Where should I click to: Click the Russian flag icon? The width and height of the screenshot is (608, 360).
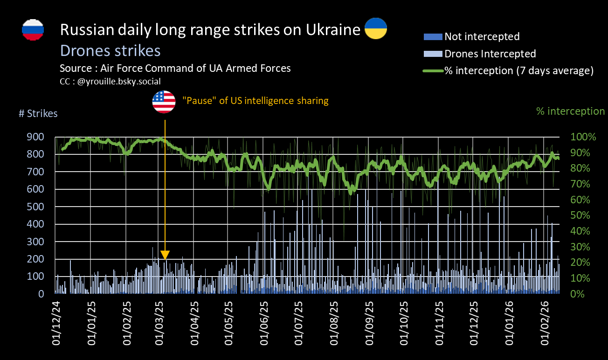click(x=33, y=30)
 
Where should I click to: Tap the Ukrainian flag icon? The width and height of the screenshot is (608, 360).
click(x=375, y=29)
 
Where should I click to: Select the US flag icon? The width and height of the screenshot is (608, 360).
click(x=164, y=102)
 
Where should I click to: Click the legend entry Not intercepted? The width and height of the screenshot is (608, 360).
click(x=482, y=36)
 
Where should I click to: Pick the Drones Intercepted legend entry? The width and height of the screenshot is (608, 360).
click(x=490, y=54)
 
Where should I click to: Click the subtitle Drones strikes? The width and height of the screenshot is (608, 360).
click(x=110, y=50)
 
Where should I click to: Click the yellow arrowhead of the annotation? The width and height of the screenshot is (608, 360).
click(x=165, y=255)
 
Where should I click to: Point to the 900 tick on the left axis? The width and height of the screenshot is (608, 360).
click(x=37, y=137)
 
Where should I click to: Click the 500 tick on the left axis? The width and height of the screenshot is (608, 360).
click(x=37, y=207)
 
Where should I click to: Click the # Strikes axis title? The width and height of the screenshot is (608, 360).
click(x=38, y=114)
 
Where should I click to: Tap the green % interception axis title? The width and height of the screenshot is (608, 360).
click(x=570, y=111)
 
